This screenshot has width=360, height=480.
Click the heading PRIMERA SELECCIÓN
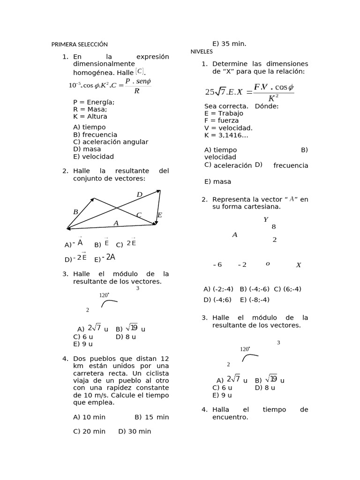79,45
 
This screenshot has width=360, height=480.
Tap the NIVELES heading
202,52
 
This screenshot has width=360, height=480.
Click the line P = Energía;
94,102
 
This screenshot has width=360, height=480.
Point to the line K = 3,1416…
226,135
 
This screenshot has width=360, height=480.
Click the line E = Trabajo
224,113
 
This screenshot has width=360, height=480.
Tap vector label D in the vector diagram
139,195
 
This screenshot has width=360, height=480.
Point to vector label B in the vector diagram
75,212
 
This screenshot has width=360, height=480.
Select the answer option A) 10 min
90,417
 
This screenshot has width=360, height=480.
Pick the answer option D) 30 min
135,431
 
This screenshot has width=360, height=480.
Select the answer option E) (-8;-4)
255,300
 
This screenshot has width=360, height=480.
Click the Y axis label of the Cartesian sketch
266,219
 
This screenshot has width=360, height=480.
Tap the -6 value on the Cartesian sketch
217,265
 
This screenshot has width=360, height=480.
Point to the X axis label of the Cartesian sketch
299,265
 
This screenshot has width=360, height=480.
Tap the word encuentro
230,417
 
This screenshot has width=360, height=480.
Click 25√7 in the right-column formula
216,92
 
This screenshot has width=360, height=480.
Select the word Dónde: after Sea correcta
267,106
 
